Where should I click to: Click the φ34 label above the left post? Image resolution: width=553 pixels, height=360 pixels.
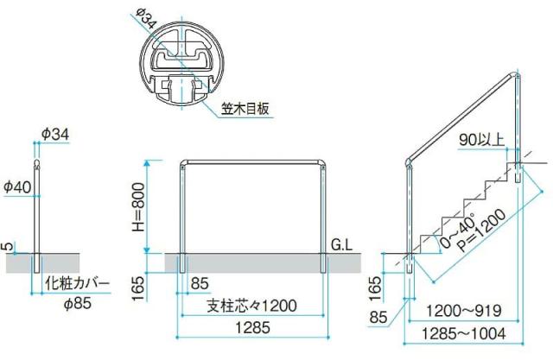tap(54, 134)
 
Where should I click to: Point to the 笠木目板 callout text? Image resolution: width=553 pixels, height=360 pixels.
tap(246, 109)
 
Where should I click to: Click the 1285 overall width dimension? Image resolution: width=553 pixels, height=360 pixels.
tap(251, 327)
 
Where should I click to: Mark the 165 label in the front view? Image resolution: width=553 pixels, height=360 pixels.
tap(136, 283)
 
